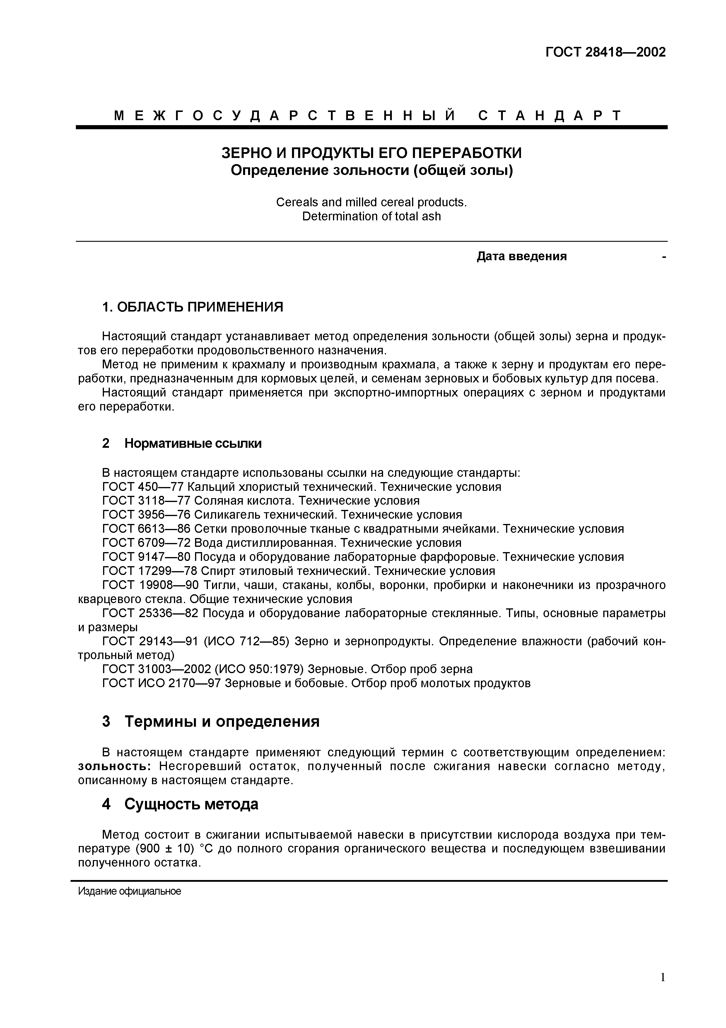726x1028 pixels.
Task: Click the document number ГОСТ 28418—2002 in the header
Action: [605, 52]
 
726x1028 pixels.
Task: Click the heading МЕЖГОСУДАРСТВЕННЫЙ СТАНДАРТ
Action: [368, 115]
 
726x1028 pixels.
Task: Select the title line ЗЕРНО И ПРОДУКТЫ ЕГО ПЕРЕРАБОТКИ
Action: [371, 153]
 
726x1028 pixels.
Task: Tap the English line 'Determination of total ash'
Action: [371, 216]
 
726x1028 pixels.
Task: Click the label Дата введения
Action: [522, 256]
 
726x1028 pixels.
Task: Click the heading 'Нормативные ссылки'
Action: [193, 443]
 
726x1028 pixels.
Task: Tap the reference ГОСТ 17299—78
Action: [150, 571]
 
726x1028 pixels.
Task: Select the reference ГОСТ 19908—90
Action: [150, 585]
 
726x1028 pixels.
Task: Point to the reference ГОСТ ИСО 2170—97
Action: [161, 683]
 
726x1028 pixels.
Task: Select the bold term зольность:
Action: [115, 766]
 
